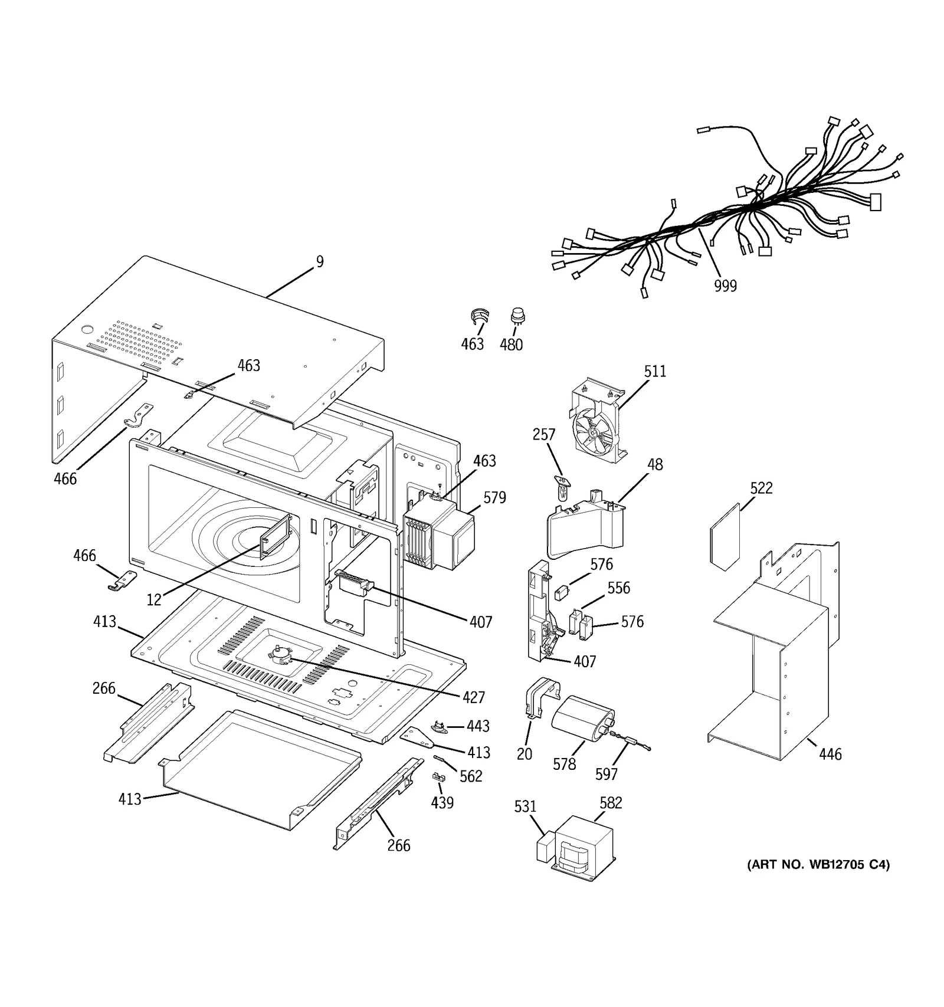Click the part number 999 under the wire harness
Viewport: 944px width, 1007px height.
point(725,286)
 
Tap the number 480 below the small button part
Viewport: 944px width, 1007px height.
point(511,345)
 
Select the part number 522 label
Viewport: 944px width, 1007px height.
point(761,488)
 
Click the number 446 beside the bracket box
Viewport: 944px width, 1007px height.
point(830,754)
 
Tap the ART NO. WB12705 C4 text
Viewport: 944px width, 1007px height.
point(818,865)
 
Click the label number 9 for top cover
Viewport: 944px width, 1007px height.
point(320,262)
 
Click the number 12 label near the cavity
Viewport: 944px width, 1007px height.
point(154,601)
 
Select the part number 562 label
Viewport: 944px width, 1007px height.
point(471,776)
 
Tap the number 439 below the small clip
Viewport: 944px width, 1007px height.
point(442,803)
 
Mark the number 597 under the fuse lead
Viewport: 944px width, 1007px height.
point(606,775)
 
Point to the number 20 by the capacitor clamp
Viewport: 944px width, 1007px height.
point(524,754)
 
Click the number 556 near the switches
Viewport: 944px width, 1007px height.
point(618,588)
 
